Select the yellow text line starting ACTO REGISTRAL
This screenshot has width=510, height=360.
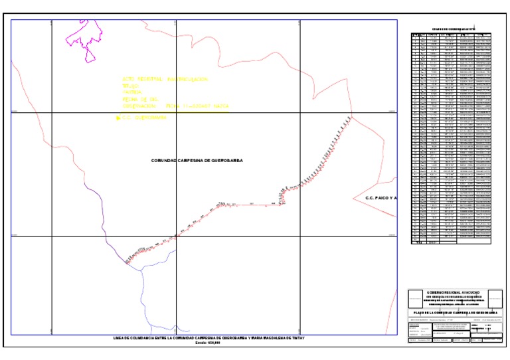(x=162, y=79)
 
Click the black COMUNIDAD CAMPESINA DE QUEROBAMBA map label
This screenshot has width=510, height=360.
(x=197, y=161)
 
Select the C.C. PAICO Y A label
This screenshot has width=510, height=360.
(x=381, y=198)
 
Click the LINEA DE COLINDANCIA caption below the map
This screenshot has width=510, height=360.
(x=210, y=338)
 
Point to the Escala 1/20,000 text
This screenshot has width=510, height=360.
(x=210, y=343)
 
